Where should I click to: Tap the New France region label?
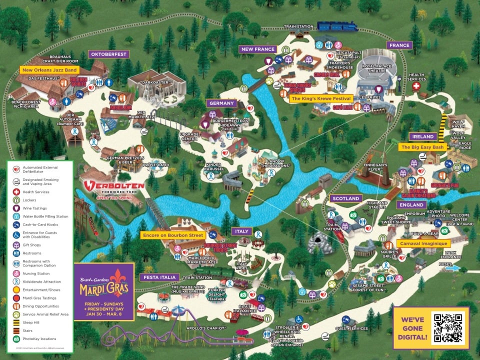pos(257,49)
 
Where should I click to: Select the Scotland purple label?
pos(345,198)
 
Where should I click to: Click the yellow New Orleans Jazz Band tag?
pos(50,69)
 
